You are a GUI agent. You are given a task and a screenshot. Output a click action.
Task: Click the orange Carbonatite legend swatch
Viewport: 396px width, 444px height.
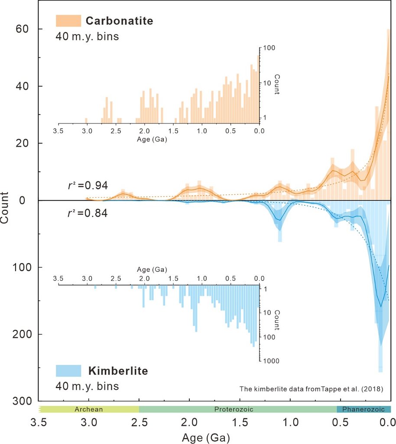pyautogui.click(x=68, y=21)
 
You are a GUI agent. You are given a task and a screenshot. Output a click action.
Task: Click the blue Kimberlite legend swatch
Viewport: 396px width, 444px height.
pyautogui.click(x=68, y=371)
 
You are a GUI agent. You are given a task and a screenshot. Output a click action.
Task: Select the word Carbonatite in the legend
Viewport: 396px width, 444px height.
pyautogui.click(x=119, y=21)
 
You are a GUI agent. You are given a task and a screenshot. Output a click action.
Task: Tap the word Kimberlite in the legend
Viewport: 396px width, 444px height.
pyautogui.click(x=118, y=371)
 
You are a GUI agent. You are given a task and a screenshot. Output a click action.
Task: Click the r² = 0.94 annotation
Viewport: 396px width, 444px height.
pyautogui.click(x=85, y=186)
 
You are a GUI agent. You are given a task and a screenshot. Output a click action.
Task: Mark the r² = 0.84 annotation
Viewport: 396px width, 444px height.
pyautogui.click(x=85, y=213)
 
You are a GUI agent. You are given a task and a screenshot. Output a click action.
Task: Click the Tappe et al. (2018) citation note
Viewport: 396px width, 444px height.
pyautogui.click(x=311, y=389)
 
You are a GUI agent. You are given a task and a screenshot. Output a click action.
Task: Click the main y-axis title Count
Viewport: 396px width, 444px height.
pyautogui.click(x=5, y=207)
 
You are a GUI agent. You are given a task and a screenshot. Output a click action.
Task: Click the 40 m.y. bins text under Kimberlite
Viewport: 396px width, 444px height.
pyautogui.click(x=87, y=386)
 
